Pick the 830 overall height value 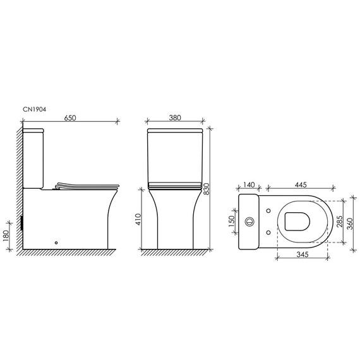[x=207, y=189]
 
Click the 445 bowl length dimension [x=300, y=184]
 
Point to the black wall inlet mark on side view [x=23, y=222]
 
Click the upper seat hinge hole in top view [x=270, y=210]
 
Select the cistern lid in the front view [x=174, y=132]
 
